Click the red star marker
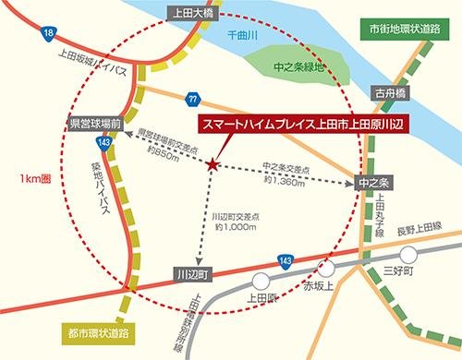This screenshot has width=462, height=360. pyautogui.click(x=213, y=164)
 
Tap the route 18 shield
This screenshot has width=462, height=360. pyautogui.click(x=48, y=34)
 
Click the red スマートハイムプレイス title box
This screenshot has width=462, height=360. pyautogui.click(x=303, y=123)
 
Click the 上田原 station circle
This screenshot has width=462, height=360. pyautogui.click(x=261, y=281)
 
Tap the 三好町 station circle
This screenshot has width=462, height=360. pyautogui.click(x=407, y=253)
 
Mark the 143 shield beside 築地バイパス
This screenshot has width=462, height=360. pyautogui.click(x=104, y=142)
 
